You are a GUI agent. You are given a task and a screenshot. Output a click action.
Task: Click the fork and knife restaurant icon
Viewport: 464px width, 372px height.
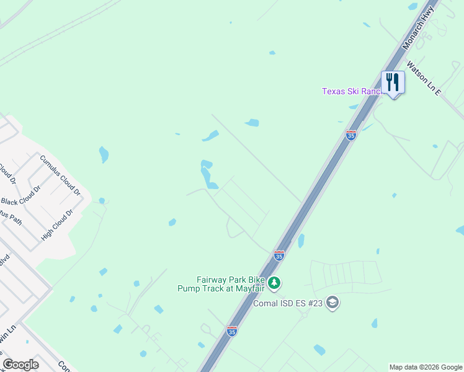coord(393,81)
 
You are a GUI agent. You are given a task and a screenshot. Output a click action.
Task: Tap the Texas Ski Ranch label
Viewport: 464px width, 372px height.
coord(351,91)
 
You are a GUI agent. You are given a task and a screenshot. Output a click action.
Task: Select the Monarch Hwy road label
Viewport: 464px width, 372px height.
coord(419,26)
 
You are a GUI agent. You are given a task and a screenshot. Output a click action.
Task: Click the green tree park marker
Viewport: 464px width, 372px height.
coord(275,283)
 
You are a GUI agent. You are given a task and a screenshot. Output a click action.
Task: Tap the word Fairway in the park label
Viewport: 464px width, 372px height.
coord(212,280)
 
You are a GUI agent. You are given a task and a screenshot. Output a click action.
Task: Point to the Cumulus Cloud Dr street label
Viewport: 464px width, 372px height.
coord(60,174)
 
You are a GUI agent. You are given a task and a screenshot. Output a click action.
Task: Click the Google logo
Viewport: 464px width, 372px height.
coord(20,365)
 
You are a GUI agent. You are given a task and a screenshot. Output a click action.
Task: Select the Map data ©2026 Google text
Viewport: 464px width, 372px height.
coord(426,367)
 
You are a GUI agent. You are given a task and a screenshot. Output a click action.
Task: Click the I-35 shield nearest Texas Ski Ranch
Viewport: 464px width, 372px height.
coord(351,135)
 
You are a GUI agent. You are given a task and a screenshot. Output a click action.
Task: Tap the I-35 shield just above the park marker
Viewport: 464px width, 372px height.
coord(279,255)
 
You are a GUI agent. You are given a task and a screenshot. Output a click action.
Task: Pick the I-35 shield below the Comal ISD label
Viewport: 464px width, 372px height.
coord(232,331)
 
